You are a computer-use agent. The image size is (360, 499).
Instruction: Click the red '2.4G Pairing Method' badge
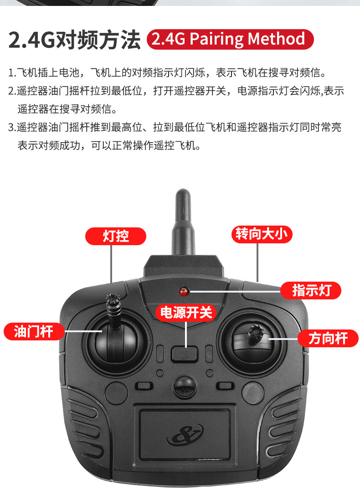point(230,39)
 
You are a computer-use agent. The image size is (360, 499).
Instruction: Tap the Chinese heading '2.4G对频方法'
point(74,40)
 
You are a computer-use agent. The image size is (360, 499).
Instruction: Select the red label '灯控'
point(116,236)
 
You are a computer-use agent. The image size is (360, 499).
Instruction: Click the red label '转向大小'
point(262,234)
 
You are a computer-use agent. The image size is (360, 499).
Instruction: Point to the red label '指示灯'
point(311,290)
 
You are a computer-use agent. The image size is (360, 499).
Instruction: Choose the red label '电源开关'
point(186,313)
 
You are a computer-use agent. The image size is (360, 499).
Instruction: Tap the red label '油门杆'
point(34,331)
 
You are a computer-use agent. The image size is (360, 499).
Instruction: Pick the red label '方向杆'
point(328,338)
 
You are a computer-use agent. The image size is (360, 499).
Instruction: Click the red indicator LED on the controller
point(183,291)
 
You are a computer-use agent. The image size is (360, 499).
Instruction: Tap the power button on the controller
point(184,354)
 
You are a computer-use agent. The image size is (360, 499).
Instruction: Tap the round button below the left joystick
point(116,393)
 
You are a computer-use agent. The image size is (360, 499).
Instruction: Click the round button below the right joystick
point(253,393)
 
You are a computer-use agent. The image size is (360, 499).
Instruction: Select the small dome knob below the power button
point(184,386)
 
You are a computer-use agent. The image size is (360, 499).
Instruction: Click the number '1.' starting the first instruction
point(12,73)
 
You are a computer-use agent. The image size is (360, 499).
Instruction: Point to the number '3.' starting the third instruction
point(12,127)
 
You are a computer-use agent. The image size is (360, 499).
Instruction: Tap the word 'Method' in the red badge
point(276,39)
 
